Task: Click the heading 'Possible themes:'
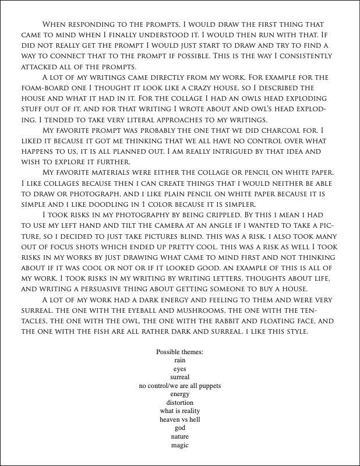pyautogui.click(x=179, y=352)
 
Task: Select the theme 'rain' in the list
pyautogui.click(x=179, y=361)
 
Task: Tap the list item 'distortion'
pyautogui.click(x=179, y=403)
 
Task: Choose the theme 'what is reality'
pyautogui.click(x=179, y=411)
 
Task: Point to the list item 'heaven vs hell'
pyautogui.click(x=179, y=419)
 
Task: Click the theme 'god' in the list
pyautogui.click(x=179, y=428)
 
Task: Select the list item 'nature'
pyautogui.click(x=179, y=436)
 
